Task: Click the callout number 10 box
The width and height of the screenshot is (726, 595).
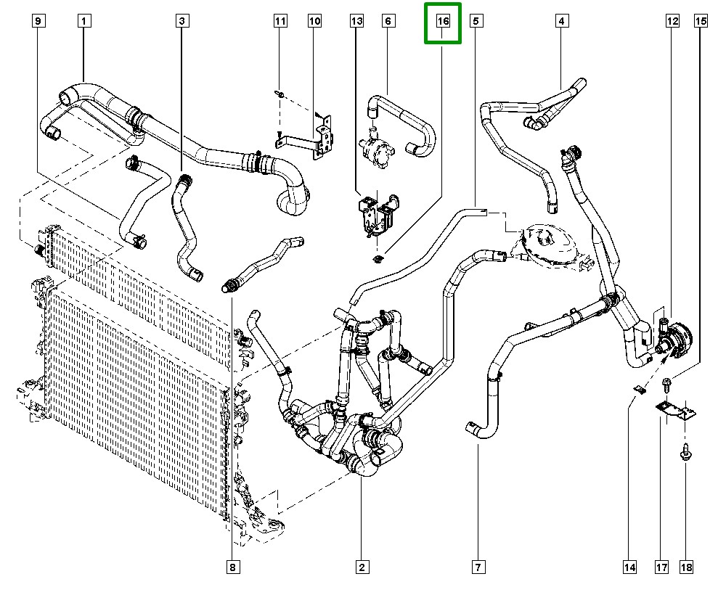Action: (x=314, y=21)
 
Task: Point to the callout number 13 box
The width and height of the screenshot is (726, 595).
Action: (x=356, y=21)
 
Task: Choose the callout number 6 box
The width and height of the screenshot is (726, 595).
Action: (x=388, y=21)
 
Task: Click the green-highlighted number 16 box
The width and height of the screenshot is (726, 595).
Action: (x=443, y=22)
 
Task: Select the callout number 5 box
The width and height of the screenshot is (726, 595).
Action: (x=476, y=21)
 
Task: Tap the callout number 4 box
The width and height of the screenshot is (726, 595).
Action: (x=561, y=21)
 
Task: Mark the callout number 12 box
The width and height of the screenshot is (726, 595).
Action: (x=672, y=21)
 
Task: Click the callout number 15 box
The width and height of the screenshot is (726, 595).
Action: (x=701, y=21)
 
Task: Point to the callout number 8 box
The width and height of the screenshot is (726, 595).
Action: (x=232, y=567)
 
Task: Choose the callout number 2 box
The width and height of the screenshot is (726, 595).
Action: (x=361, y=567)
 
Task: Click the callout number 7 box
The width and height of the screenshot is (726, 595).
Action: (x=478, y=567)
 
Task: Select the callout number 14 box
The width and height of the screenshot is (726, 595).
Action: (x=629, y=567)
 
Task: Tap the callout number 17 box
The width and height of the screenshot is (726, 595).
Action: (x=661, y=567)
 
